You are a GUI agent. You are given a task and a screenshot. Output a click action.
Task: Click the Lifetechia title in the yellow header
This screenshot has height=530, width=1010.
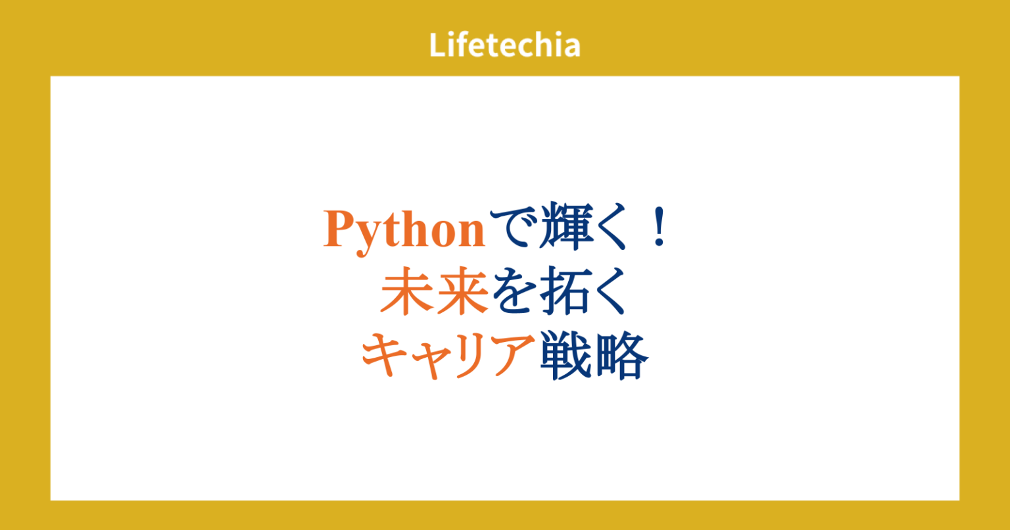tap(505, 45)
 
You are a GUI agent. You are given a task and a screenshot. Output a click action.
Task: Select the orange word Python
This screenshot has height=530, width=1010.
tap(404, 229)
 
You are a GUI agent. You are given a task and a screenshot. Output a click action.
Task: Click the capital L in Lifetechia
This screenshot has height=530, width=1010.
tap(437, 45)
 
